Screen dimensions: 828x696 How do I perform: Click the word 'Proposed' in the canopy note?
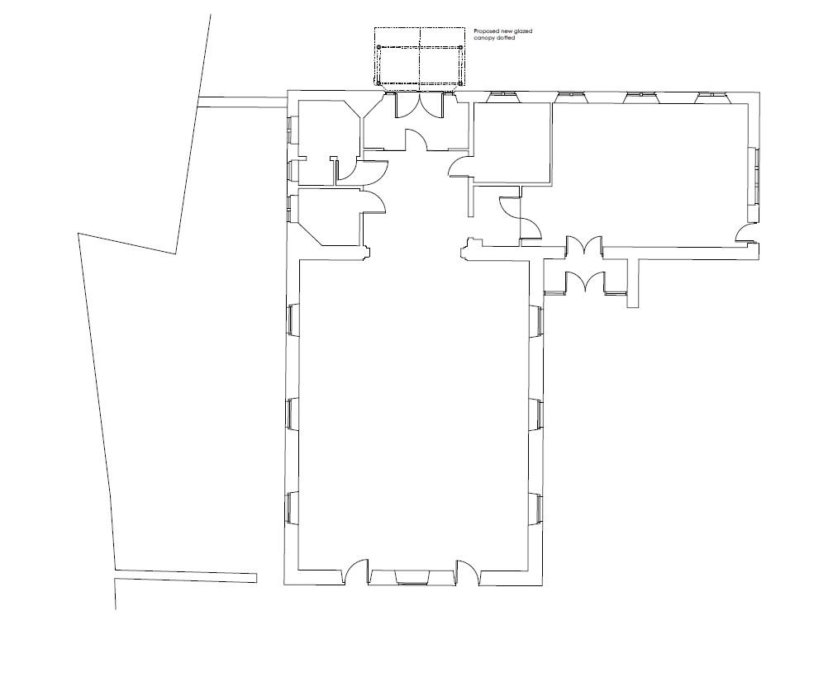click(x=486, y=31)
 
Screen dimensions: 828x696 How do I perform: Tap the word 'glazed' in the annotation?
click(x=523, y=31)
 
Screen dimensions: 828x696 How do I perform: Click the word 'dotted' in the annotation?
click(x=505, y=38)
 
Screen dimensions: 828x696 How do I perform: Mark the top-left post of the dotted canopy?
click(x=378, y=48)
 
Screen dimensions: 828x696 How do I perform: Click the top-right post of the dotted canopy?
click(x=460, y=48)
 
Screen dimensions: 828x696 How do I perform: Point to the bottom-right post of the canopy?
click(x=460, y=83)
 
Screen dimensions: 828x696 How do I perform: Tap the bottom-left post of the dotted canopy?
click(x=378, y=83)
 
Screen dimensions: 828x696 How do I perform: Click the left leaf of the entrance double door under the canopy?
click(x=407, y=106)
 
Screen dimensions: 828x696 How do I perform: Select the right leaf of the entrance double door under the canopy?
click(x=431, y=106)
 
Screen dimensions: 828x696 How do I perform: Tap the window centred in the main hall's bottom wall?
click(x=412, y=577)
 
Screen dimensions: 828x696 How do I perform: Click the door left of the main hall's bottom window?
click(x=357, y=571)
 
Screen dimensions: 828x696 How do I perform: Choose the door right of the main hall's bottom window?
click(x=468, y=571)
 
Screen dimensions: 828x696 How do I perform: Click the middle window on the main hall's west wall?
click(x=291, y=414)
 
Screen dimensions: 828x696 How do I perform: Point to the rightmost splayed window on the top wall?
click(x=712, y=96)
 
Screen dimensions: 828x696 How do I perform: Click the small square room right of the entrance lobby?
click(x=512, y=143)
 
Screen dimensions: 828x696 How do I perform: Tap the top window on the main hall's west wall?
click(x=291, y=320)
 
